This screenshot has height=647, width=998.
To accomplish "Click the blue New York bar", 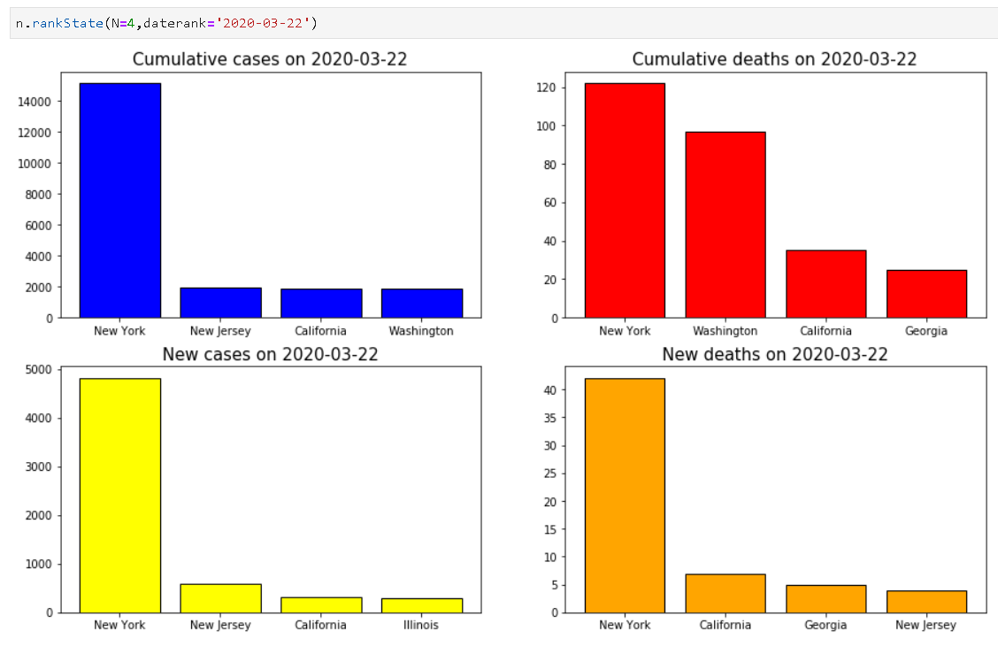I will coord(120,200).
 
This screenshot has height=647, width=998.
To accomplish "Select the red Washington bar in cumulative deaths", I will coord(725,224).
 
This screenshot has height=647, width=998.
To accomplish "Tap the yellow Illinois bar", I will coord(422,605).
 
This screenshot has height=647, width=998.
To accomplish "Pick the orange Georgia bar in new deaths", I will coord(825,598).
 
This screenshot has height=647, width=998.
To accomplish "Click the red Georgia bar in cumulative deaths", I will coord(926,294).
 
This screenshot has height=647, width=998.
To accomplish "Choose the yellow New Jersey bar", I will coord(220,597).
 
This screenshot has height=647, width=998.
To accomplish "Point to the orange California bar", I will coord(725,593).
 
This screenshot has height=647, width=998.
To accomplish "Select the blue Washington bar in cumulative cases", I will coord(422,303).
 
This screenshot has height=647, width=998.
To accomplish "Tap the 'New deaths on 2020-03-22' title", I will coord(774,354).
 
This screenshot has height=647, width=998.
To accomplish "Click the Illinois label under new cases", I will coord(422,625).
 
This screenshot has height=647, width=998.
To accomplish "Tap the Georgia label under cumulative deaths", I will coord(926,331).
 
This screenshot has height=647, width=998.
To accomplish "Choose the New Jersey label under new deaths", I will coord(926,625).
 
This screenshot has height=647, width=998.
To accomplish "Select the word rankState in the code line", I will coord(67,22).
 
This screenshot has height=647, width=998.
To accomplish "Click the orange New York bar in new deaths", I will coord(625,495).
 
